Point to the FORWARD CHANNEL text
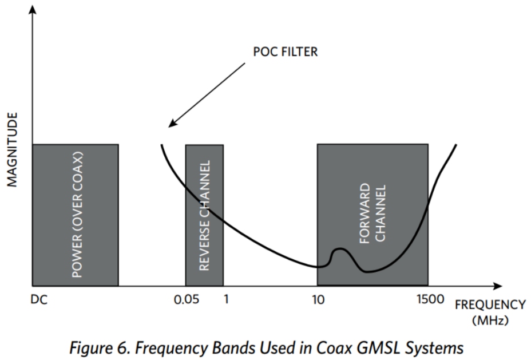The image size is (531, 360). coord(373,214)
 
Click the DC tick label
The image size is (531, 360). coord(39,299)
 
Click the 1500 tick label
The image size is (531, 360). coord(427,299)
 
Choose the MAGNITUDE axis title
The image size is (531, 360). coord(13,149)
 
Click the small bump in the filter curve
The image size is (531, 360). coord(340,250)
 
